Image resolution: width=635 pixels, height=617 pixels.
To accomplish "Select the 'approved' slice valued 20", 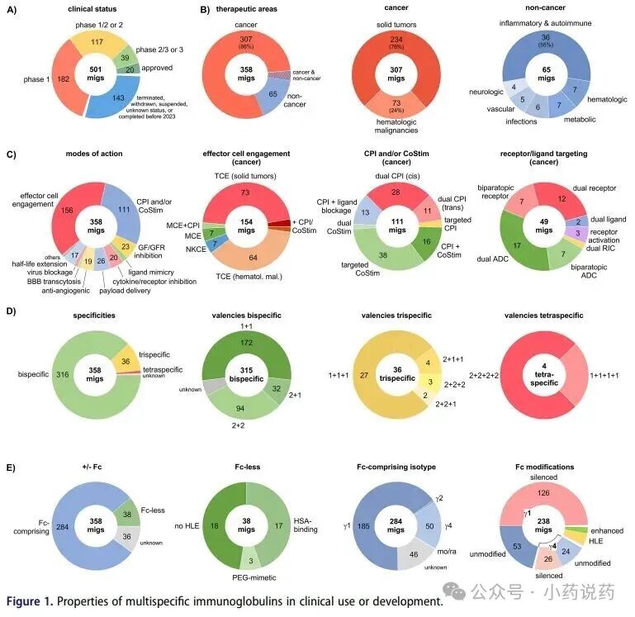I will [x=129, y=69].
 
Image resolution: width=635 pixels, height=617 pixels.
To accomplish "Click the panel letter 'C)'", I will [x=11, y=154].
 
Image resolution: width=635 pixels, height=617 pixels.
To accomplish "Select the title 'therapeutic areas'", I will [x=241, y=9].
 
